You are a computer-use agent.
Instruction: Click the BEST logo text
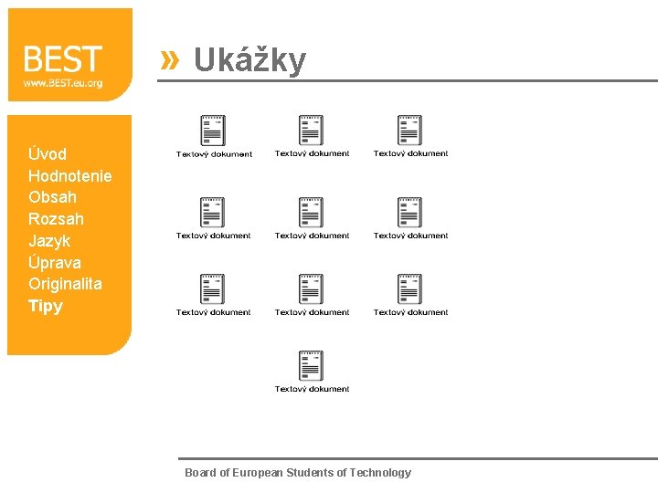[x=62, y=59]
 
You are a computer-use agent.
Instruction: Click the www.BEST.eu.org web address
[x=62, y=83]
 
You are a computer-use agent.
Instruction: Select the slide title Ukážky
[x=249, y=60]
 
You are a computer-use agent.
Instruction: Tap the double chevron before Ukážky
[x=169, y=60]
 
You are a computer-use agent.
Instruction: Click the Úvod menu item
[x=48, y=153]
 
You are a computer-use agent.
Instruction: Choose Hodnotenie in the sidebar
[x=70, y=175]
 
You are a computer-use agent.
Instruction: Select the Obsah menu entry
[x=52, y=197]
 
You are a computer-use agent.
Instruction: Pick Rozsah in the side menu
[x=56, y=219]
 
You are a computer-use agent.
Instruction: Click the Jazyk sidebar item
[x=49, y=241]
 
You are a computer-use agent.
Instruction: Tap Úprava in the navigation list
[x=55, y=263]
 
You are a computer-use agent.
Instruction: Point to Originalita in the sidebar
[x=65, y=284]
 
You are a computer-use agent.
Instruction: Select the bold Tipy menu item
[x=46, y=306]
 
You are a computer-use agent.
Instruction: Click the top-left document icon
[x=213, y=131]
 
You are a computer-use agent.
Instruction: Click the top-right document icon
[x=409, y=131]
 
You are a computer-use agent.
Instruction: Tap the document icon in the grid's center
[x=312, y=212]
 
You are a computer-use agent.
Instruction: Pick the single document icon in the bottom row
[x=312, y=366]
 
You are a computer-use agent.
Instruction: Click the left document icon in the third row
[x=213, y=288]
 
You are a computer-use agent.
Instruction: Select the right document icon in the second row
[x=409, y=212]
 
